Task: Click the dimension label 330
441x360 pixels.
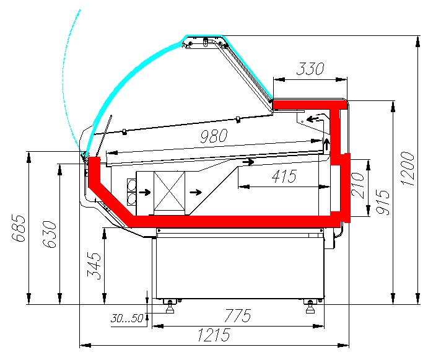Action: [x=310, y=69]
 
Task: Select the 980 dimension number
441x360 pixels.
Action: [x=214, y=136]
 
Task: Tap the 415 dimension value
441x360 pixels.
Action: [x=284, y=177]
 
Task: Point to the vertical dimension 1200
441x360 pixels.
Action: [x=408, y=169]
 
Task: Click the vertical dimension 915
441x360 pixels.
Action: [x=383, y=202]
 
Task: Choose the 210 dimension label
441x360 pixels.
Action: [x=357, y=186]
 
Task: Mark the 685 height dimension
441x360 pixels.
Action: [x=19, y=228]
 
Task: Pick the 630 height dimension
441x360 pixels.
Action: [x=50, y=235]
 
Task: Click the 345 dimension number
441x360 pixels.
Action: [x=94, y=266]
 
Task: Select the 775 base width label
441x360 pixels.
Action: [x=237, y=315]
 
